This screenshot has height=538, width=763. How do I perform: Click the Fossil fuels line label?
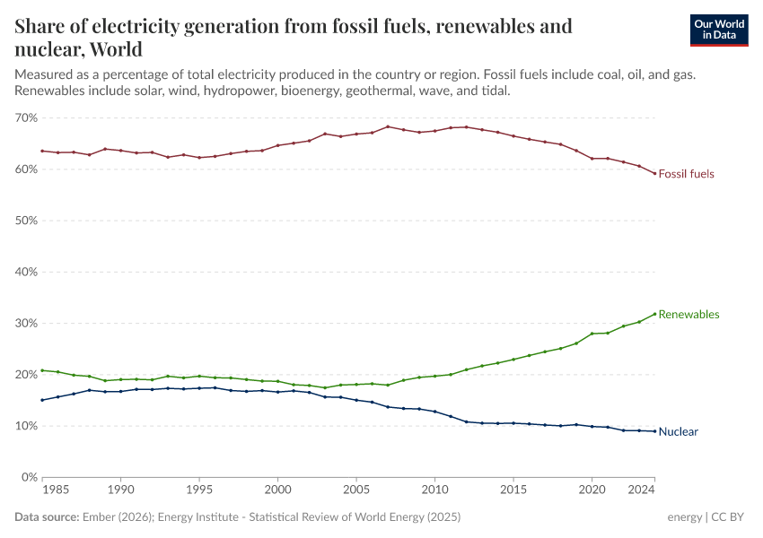[x=686, y=174]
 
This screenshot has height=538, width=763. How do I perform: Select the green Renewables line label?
[x=688, y=315]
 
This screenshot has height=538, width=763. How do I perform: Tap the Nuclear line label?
[x=678, y=432]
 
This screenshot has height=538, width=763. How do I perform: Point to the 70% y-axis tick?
[x=26, y=117]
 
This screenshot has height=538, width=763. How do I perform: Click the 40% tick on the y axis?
[x=26, y=272]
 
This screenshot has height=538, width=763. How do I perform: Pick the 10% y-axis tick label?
[x=26, y=426]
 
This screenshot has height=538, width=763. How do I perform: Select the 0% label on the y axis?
[x=29, y=477]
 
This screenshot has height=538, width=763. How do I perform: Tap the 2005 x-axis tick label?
[x=356, y=491]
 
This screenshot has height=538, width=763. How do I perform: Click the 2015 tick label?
[x=513, y=491]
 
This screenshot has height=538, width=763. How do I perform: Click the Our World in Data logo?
[x=718, y=30]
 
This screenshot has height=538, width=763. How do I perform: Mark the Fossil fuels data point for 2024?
[x=654, y=173]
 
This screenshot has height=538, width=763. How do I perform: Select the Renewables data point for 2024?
[x=654, y=313]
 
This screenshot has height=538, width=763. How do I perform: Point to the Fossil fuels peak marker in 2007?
[x=388, y=126]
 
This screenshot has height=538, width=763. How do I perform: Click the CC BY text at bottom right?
[x=730, y=517]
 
